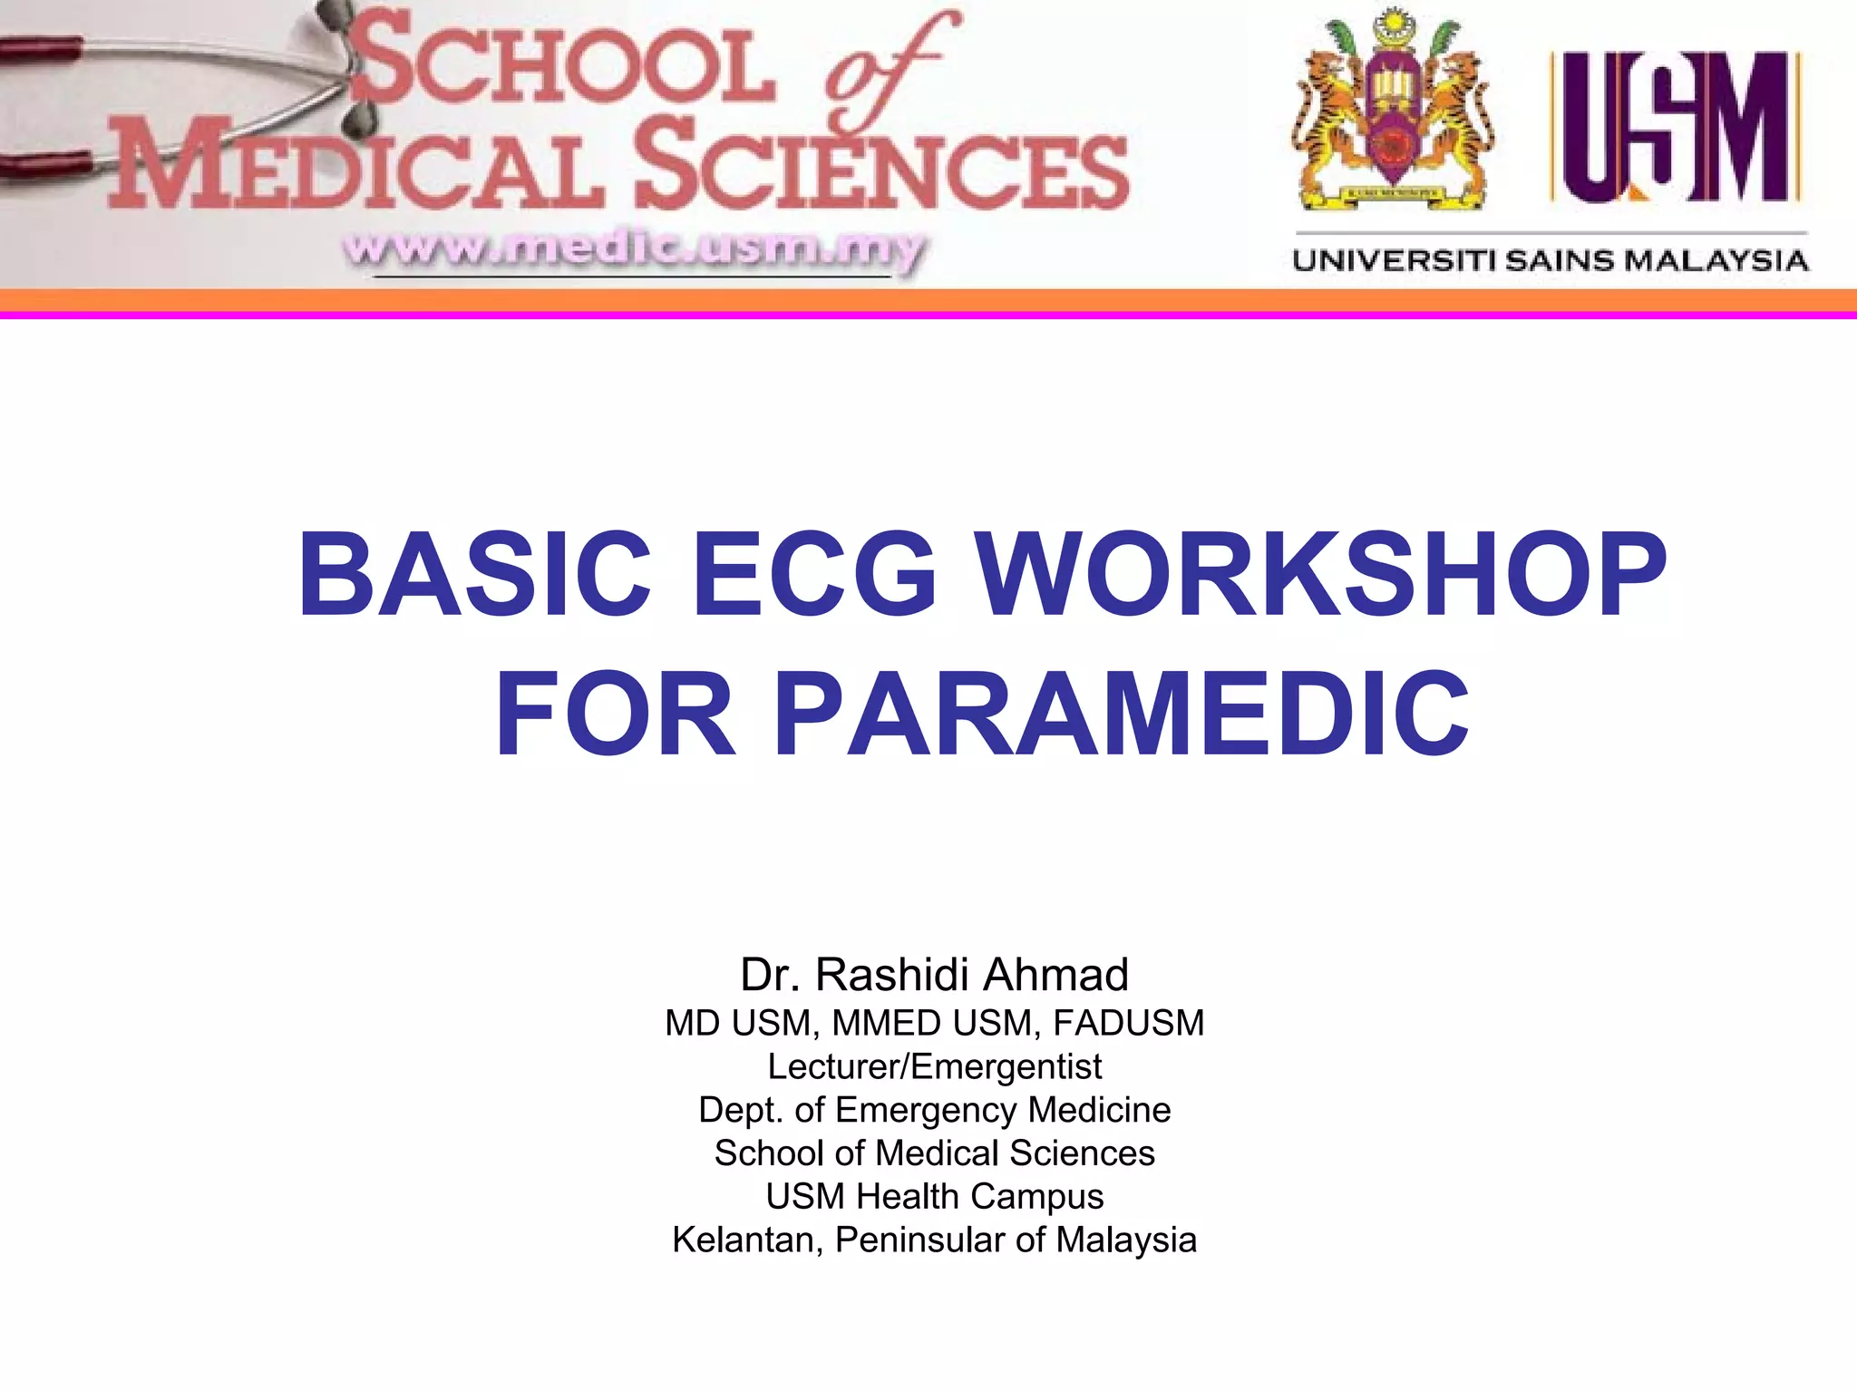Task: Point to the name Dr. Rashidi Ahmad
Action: pyautogui.click(x=934, y=975)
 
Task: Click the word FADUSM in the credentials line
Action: pyautogui.click(x=1128, y=1023)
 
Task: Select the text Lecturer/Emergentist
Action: pyautogui.click(x=934, y=1066)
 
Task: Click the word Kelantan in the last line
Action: pyautogui.click(x=747, y=1240)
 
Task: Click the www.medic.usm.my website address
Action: pyautogui.click(x=635, y=248)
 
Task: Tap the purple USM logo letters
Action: pyautogui.click(x=1676, y=127)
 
